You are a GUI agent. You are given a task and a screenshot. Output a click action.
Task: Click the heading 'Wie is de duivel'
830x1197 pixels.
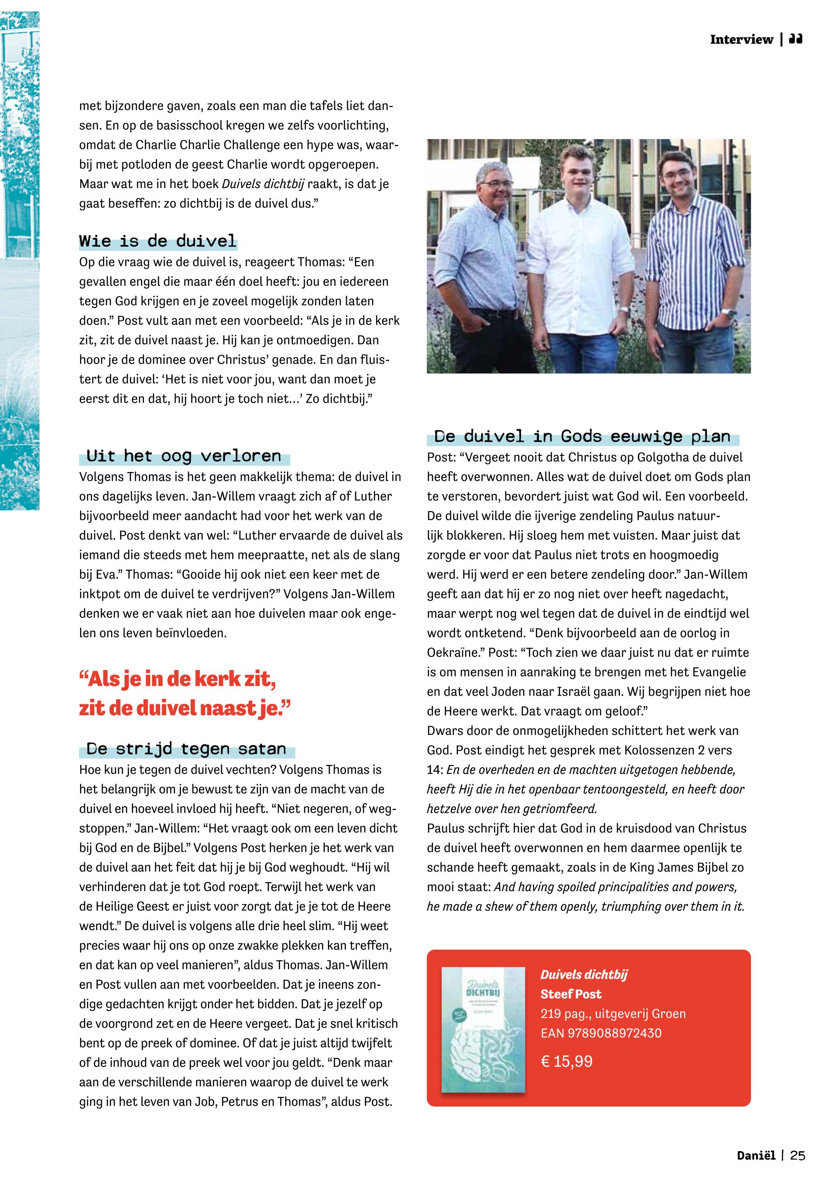point(157,241)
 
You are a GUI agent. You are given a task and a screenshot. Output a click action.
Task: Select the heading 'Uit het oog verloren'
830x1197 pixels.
point(184,456)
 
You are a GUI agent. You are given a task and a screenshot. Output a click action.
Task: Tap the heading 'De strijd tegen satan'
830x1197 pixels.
point(186,749)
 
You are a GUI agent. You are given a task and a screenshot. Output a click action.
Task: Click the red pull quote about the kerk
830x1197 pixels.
point(184,694)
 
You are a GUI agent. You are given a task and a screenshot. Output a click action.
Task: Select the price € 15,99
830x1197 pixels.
point(566,1061)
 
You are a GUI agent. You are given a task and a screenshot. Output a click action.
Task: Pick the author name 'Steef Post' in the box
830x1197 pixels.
point(570,994)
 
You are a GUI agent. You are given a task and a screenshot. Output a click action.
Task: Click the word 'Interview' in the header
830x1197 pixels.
point(741,40)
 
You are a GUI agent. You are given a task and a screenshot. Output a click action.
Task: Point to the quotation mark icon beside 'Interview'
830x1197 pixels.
point(795,39)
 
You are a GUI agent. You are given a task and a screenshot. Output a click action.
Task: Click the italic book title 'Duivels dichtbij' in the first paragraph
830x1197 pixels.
point(264,184)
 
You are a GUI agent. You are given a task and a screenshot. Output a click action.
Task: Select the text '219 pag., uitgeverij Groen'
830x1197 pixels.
point(613,1013)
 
